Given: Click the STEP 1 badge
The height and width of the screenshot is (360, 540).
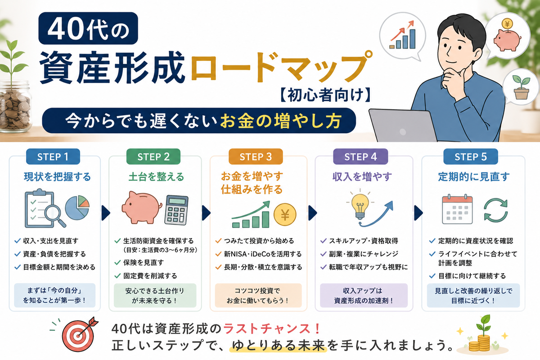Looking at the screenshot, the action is (x=53, y=157).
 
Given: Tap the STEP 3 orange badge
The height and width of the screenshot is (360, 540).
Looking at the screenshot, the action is (x=256, y=157).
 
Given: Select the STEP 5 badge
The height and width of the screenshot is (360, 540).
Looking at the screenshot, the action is (x=471, y=157).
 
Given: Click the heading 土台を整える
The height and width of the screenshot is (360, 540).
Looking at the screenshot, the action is (x=156, y=177).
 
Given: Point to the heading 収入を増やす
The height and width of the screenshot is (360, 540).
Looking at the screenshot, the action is (x=362, y=177).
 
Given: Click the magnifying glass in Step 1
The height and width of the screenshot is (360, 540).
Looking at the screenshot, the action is (x=55, y=215).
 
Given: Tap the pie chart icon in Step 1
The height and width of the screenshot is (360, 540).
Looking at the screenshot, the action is (x=77, y=207).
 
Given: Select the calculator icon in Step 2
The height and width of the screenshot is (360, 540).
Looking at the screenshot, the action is (x=176, y=210).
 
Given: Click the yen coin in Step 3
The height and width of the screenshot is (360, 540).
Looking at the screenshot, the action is (x=285, y=214).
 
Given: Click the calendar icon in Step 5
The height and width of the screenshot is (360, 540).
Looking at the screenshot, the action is (x=457, y=209).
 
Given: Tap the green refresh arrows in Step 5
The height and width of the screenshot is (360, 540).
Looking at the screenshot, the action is (x=495, y=210).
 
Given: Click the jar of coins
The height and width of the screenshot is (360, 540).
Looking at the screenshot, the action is (x=15, y=107).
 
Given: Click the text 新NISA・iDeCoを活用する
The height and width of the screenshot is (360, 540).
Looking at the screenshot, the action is (x=263, y=254).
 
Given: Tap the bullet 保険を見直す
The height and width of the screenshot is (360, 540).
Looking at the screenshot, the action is (x=144, y=262).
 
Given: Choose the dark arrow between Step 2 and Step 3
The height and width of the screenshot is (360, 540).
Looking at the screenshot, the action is (x=206, y=213).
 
